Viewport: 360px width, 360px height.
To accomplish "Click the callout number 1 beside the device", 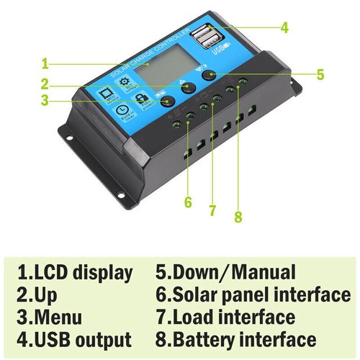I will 45,62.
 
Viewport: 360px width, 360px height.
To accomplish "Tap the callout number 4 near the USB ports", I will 284,28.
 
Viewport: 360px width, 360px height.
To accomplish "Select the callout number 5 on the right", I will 320,74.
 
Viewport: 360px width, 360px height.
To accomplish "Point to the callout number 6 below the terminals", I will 188,202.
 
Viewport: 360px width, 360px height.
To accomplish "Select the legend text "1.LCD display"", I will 75,273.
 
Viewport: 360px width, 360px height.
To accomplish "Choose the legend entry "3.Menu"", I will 49,318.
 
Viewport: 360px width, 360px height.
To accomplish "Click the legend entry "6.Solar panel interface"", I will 253,295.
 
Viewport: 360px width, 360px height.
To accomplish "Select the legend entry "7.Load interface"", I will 225,318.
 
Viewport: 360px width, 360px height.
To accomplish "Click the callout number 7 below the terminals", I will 212,211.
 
